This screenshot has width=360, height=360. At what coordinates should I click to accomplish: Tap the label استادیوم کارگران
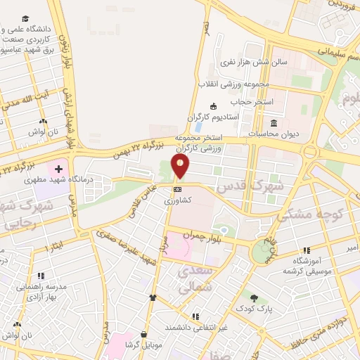[214, 116]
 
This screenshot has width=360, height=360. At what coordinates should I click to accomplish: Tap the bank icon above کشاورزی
[177, 189]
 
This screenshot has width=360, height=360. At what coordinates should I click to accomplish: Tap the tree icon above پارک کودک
[254, 298]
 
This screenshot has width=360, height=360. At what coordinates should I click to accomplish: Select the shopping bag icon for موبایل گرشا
[144, 335]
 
